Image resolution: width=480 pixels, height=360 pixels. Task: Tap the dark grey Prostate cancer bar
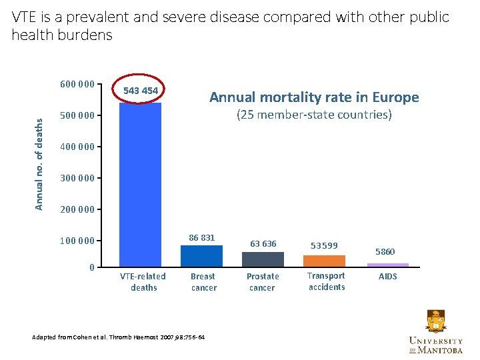[x=263, y=259]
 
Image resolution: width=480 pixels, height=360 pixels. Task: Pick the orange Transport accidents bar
[x=324, y=261]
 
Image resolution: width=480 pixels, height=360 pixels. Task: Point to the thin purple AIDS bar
[x=388, y=265]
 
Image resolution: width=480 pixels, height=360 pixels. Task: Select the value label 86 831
[x=202, y=237]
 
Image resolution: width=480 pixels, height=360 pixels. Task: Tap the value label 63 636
[x=263, y=243]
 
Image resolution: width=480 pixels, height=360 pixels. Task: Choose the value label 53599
[x=324, y=245]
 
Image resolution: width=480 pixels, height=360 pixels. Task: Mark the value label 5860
[x=385, y=252]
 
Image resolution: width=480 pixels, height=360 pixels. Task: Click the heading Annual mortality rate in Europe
[x=314, y=97]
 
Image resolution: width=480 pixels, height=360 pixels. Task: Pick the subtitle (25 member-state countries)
[x=314, y=115]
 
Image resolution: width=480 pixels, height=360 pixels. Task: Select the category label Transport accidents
[x=326, y=281]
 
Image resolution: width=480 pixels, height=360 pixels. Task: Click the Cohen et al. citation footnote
[x=119, y=337]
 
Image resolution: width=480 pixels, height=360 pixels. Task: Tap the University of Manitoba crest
[x=435, y=322]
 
